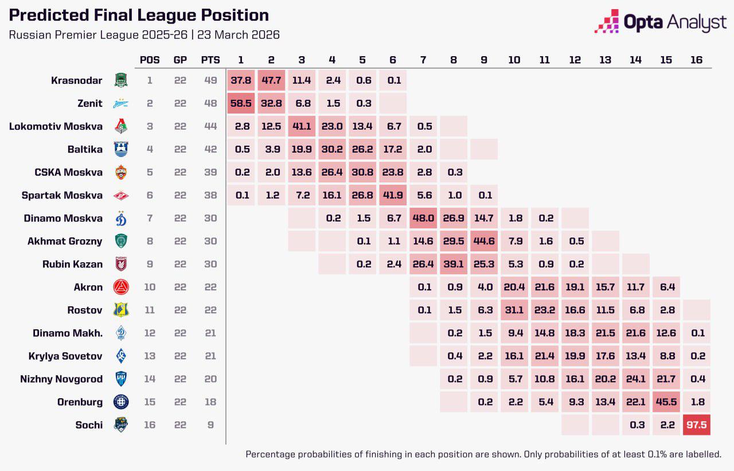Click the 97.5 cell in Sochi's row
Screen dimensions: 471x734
[696, 425]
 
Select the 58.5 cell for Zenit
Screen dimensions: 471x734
[241, 103]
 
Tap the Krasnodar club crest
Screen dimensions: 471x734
[121, 80]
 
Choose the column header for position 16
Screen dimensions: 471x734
[696, 60]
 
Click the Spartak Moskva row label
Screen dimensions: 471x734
[63, 195]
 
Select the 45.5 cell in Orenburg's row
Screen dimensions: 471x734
[666, 402]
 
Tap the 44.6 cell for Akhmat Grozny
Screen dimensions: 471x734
[483, 241]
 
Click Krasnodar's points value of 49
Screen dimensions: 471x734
[210, 80]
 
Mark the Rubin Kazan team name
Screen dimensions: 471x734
[72, 264]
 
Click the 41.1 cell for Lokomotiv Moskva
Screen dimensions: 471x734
[302, 126]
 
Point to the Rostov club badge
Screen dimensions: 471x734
[121, 310]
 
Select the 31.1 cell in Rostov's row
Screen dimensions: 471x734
[514, 310]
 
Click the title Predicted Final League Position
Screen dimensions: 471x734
[139, 15]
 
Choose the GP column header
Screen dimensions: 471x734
[180, 60]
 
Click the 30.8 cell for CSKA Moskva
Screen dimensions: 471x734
[362, 172]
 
